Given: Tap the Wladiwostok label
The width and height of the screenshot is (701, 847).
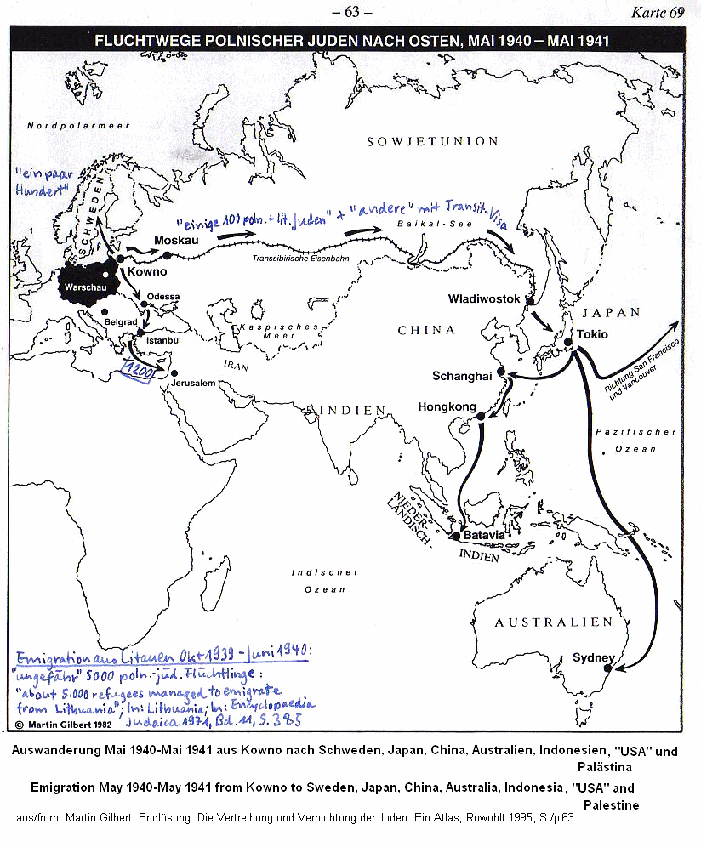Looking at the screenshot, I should [482, 299].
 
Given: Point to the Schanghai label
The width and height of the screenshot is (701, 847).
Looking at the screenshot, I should [462, 376].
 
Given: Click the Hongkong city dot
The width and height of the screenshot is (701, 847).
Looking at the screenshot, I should [481, 416].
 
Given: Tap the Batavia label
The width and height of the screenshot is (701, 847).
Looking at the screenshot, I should [484, 536].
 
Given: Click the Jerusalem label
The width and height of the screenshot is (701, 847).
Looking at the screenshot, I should [191, 384].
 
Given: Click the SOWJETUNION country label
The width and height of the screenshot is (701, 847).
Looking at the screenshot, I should [432, 141].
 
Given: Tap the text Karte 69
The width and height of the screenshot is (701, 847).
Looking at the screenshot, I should [658, 12].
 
